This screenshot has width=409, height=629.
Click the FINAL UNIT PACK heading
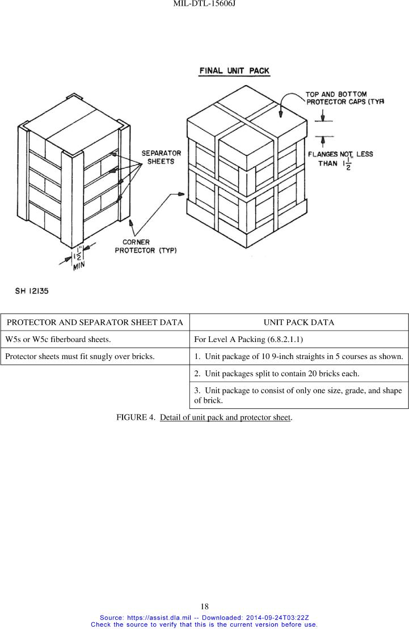[x=234, y=71]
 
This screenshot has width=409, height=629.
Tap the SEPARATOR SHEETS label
[x=161, y=157]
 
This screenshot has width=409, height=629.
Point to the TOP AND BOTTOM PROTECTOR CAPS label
[x=344, y=98]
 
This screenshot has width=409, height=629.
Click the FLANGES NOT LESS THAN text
[x=340, y=159]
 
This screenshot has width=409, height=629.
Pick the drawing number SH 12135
[x=31, y=291]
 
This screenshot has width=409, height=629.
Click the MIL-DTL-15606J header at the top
[x=204, y=4]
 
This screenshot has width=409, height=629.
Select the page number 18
[x=204, y=606]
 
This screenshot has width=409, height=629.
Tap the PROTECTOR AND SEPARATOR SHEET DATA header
[x=95, y=322]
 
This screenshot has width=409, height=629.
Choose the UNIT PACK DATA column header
[x=299, y=322]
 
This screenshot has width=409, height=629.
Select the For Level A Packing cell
[x=241, y=340]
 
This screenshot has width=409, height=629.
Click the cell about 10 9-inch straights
[x=298, y=357]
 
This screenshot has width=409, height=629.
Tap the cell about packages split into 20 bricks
[x=275, y=374]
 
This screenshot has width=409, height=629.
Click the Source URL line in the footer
[x=204, y=617]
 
